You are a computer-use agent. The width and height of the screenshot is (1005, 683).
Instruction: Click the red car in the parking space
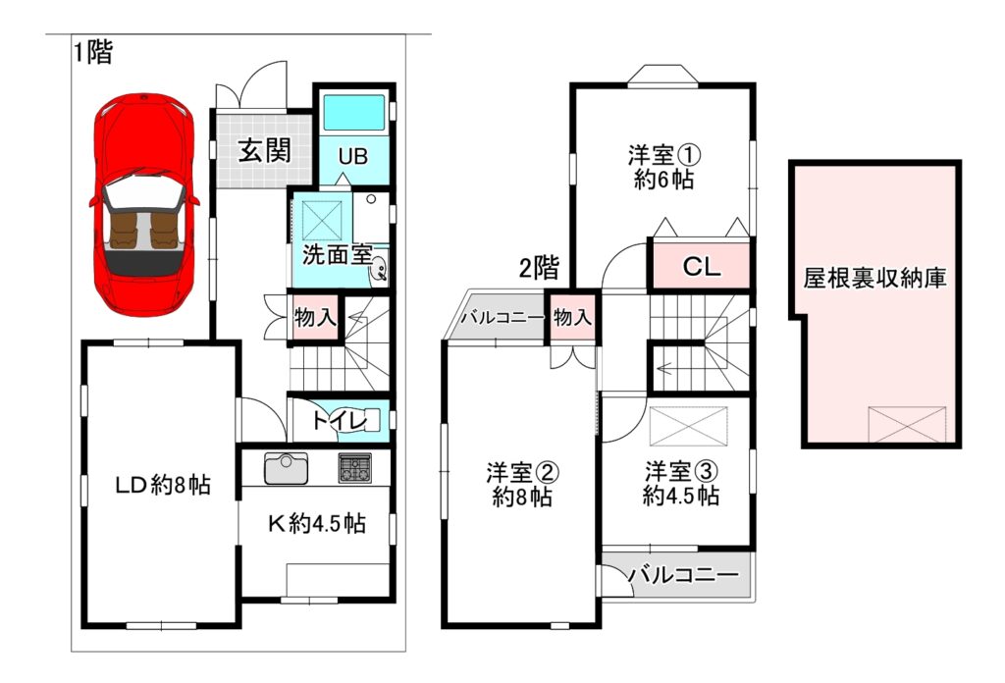pyautogui.click(x=145, y=207)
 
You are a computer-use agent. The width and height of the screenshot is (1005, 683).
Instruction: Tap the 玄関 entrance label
pyautogui.click(x=265, y=150)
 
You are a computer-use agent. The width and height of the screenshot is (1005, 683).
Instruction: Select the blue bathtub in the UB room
pyautogui.click(x=353, y=113)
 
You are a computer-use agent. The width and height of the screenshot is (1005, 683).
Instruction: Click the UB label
pyautogui.click(x=353, y=156)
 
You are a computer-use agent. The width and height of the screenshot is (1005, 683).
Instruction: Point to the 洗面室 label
pyautogui.click(x=337, y=255)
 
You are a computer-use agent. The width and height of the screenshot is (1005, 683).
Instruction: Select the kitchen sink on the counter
pyautogui.click(x=286, y=468)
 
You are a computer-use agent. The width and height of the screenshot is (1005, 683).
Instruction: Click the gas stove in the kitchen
pyautogui.click(x=354, y=468)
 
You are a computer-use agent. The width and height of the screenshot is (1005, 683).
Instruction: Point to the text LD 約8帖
pyautogui.click(x=163, y=485)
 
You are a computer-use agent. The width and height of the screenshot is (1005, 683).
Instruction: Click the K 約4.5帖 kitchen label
pyautogui.click(x=317, y=524)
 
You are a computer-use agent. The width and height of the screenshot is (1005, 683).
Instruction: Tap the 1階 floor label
pyautogui.click(x=93, y=52)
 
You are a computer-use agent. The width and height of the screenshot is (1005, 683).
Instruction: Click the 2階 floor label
pyautogui.click(x=539, y=268)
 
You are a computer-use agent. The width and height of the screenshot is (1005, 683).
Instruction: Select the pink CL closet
pyautogui.click(x=701, y=265)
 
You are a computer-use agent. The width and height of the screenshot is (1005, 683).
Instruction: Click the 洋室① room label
pyautogui.click(x=663, y=155)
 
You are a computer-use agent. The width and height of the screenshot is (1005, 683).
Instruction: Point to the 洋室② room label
pyautogui.click(x=522, y=473)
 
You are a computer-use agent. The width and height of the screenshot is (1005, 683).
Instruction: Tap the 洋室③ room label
pyautogui.click(x=681, y=472)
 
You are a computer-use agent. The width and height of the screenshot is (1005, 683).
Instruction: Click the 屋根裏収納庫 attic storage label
pyautogui.click(x=874, y=278)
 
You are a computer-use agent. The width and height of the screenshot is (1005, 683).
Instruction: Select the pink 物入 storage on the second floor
pyautogui.click(x=572, y=317)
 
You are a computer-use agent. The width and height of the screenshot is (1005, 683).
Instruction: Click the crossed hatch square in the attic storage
pyautogui.click(x=907, y=424)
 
